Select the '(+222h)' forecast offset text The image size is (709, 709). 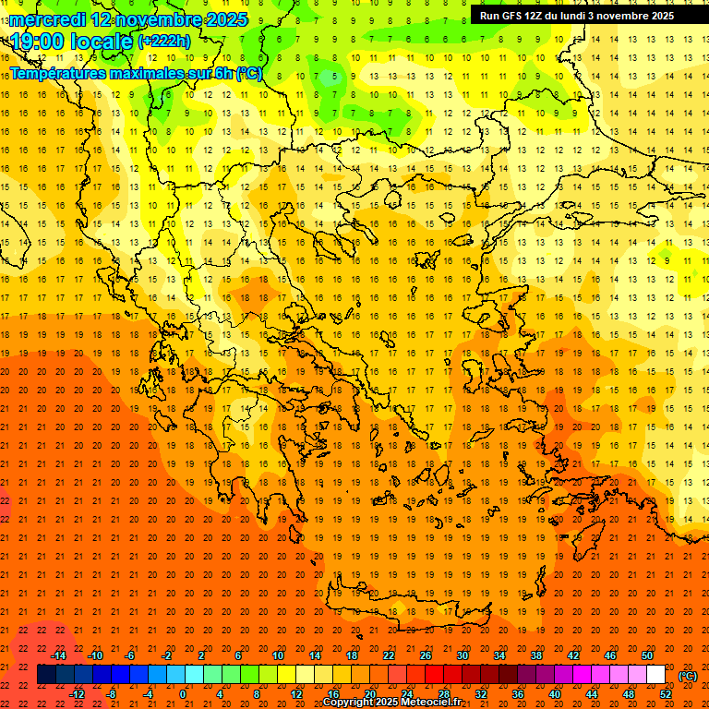click(x=164, y=42)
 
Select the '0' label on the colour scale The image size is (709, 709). click(x=183, y=694)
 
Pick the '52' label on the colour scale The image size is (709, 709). click(x=666, y=694)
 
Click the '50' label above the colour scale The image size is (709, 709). click(x=647, y=655)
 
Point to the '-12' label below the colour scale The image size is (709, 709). click(x=77, y=694)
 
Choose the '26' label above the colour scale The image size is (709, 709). click(x=426, y=655)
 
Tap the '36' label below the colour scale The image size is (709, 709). click(x=518, y=694)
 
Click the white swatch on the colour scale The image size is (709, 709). click(x=656, y=675)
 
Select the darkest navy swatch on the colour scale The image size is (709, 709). click(x=46, y=675)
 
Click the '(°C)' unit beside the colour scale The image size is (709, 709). click(x=688, y=676)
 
